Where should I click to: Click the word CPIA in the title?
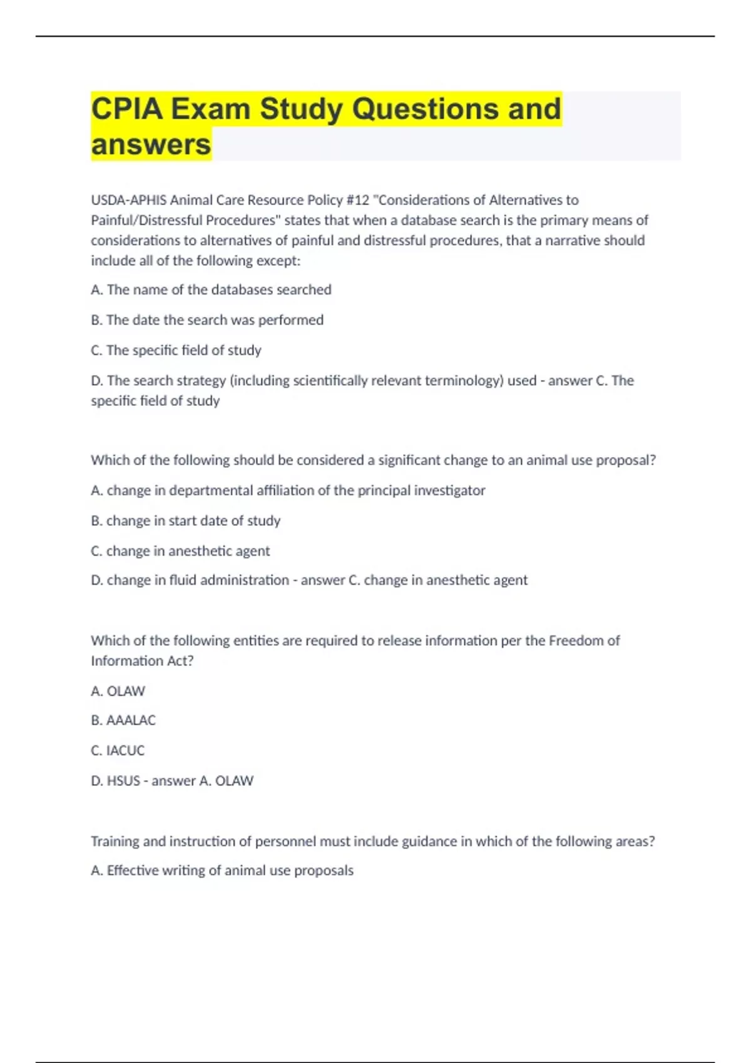[126, 109]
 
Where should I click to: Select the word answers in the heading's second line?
[151, 144]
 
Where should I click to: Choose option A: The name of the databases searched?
[211, 290]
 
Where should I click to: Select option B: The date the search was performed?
[207, 320]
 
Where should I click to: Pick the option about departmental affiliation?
[288, 490]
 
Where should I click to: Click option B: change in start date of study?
[185, 520]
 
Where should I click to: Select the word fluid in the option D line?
[183, 580]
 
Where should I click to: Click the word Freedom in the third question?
[576, 640]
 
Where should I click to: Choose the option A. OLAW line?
[118, 691]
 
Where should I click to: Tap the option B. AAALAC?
[123, 720]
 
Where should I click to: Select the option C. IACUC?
[118, 750]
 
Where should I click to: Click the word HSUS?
[123, 780]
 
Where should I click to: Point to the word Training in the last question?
[115, 841]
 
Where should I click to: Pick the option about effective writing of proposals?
[222, 870]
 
